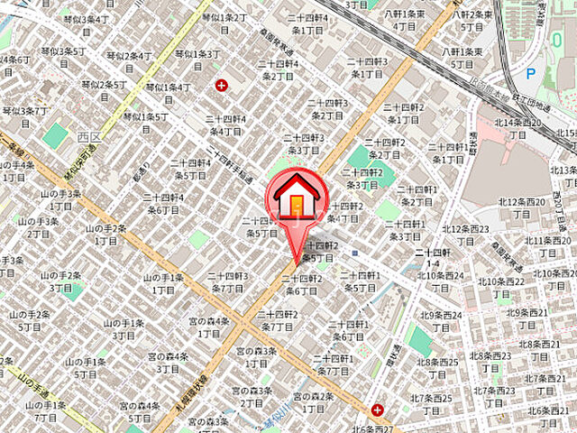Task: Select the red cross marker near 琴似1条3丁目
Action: tap(222, 86)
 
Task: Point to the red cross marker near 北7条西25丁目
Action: tap(377, 409)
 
